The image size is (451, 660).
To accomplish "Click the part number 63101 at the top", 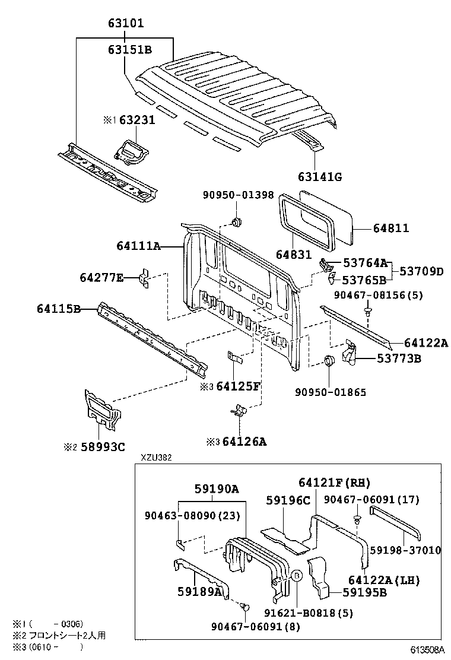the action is click(x=126, y=23).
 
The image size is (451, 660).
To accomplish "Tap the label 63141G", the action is click(x=320, y=177).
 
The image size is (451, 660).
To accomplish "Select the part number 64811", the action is click(x=391, y=228).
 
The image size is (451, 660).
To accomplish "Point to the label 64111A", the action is click(x=139, y=246).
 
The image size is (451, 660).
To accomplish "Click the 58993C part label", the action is click(x=103, y=447).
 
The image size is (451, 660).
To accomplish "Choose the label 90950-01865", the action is click(x=331, y=392).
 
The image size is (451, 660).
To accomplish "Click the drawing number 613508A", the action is click(x=427, y=651).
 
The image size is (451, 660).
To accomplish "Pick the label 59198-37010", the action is click(x=405, y=550).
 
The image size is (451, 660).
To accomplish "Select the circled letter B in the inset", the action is click(x=296, y=576).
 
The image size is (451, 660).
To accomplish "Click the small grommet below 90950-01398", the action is click(x=237, y=222).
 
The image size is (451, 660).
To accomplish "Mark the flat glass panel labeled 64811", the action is click(x=326, y=217).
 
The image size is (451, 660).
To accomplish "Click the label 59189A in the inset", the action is click(x=200, y=592).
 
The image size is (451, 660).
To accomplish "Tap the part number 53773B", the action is click(x=399, y=358).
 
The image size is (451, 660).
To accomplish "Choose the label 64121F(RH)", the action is click(x=335, y=483).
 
